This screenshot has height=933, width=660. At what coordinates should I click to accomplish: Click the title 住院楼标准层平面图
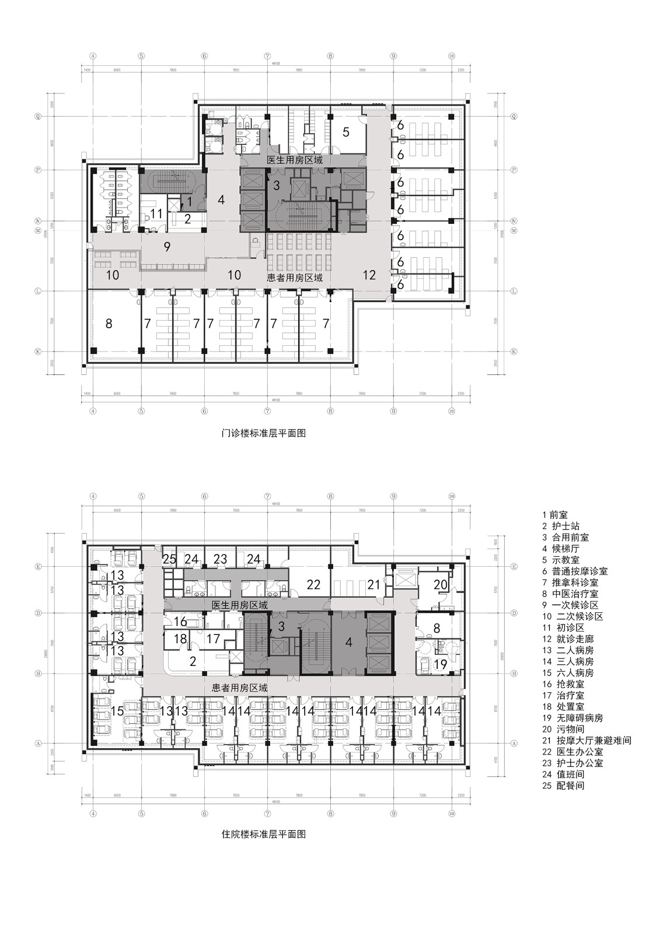click(264, 834)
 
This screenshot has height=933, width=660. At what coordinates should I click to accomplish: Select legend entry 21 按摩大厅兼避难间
click(586, 741)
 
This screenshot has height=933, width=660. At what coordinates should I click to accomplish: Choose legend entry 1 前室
click(555, 515)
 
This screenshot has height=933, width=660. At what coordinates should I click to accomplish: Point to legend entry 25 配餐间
click(563, 785)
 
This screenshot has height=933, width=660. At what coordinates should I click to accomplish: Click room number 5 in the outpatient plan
click(346, 132)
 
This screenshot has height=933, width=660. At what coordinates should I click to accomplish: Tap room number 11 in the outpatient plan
click(156, 214)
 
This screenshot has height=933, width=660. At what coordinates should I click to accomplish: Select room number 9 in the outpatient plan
click(167, 247)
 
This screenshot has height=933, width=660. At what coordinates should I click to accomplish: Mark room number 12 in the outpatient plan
click(369, 275)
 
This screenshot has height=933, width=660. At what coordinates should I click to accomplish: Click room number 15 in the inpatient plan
click(117, 711)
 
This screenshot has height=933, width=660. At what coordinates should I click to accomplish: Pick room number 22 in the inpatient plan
click(314, 584)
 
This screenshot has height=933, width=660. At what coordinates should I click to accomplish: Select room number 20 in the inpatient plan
click(441, 584)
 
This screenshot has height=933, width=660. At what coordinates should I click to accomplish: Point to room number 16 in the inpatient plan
click(180, 622)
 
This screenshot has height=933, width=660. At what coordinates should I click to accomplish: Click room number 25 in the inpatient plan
click(169, 559)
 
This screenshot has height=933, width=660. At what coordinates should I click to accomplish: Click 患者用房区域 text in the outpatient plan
click(295, 278)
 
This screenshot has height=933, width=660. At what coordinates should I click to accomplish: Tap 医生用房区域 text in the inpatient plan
click(240, 605)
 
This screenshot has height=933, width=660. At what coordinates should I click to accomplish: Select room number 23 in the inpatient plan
click(220, 559)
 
